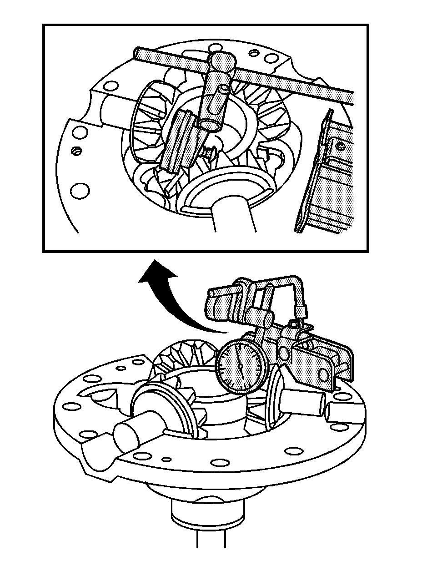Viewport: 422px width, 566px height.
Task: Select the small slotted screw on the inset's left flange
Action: [x=75, y=151]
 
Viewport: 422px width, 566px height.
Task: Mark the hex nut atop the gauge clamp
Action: [x=293, y=323]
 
